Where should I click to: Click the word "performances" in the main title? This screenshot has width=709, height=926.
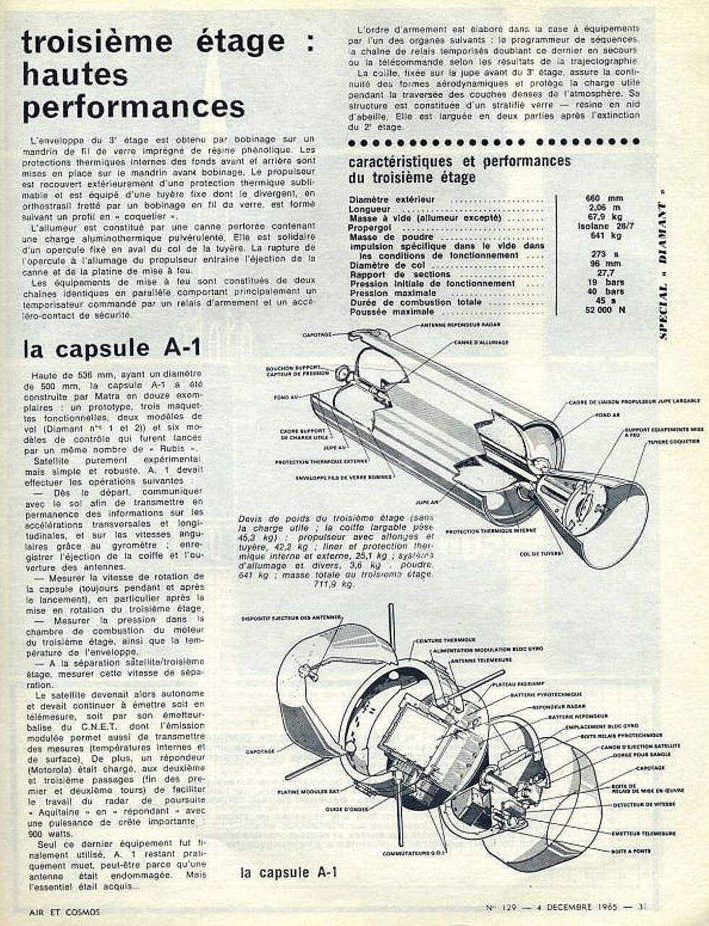click(x=134, y=106)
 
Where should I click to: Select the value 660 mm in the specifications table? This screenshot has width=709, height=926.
click(x=607, y=198)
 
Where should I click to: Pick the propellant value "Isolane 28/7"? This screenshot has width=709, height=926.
click(x=607, y=227)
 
